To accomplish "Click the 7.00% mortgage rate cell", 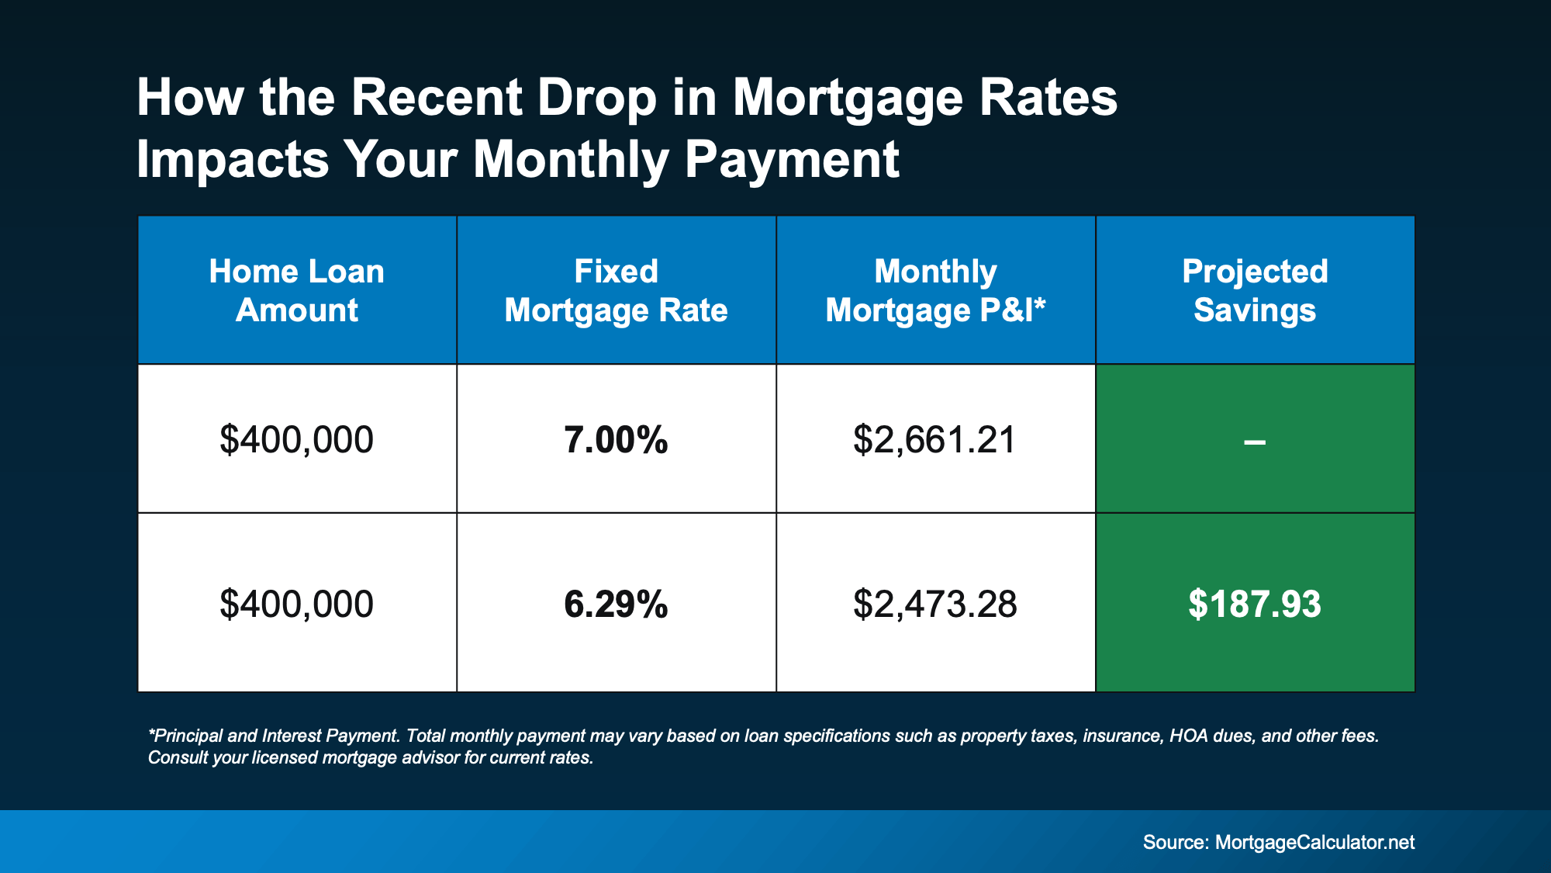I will click(616, 440).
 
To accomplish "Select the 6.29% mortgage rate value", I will click(616, 604).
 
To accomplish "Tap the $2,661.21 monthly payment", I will click(934, 440).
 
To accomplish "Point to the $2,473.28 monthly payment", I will click(934, 604).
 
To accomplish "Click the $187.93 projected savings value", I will click(1254, 604).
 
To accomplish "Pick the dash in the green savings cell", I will click(1254, 442).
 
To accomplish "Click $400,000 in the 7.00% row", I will click(296, 440).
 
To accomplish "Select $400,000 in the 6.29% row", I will click(296, 604).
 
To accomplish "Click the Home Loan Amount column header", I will click(296, 290).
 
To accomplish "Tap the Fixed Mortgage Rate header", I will click(616, 290).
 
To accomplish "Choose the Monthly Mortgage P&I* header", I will click(934, 290).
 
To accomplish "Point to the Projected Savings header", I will click(1254, 290).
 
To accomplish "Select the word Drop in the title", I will click(596, 99).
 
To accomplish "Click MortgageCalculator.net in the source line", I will click(1314, 842).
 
